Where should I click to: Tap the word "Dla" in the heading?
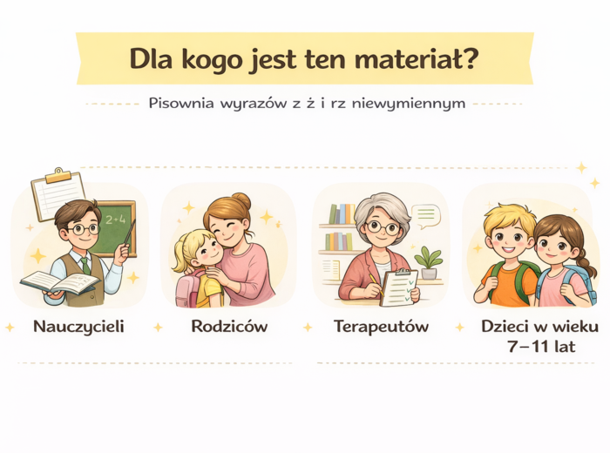[152, 59]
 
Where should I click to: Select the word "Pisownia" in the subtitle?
[180, 103]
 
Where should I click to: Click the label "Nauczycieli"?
[78, 328]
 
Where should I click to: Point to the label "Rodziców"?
[228, 328]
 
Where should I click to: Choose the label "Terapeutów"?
[381, 328]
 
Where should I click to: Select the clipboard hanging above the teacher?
[58, 194]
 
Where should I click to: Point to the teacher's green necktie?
[85, 264]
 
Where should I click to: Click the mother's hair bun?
[241, 201]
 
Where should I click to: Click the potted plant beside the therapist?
[428, 261]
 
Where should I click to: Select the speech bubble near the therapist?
[426, 215]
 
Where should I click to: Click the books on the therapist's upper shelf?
[341, 213]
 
